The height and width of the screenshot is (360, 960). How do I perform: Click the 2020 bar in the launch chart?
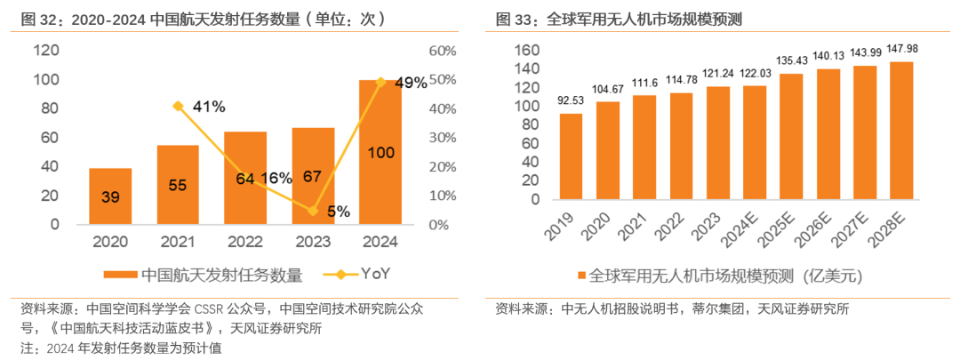click(x=110, y=196)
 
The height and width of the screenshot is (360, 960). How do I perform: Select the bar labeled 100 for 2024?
click(x=380, y=152)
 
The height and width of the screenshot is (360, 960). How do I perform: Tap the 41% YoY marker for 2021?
click(x=179, y=106)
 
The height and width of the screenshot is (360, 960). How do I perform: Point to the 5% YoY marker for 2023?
click(x=312, y=211)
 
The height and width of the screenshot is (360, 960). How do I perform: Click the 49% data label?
click(x=411, y=83)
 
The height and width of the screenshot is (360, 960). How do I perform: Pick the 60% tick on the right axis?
click(x=443, y=51)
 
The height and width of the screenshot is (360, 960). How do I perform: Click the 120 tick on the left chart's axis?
click(x=46, y=51)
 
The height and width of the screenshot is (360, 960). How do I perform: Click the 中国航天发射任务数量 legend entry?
click(x=212, y=275)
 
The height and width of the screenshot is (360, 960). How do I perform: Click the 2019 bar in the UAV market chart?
click(x=572, y=156)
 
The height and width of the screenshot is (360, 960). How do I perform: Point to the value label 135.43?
click(x=789, y=61)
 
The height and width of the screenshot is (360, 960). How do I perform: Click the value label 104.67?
click(x=608, y=90)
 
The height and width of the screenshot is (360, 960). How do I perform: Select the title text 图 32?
click(x=37, y=18)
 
